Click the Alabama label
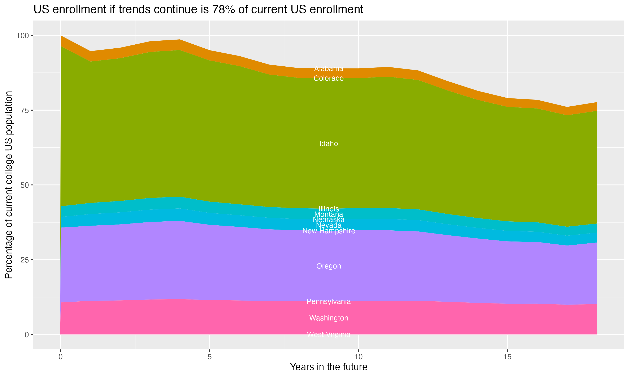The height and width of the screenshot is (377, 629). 329,68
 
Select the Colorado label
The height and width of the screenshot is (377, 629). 329,78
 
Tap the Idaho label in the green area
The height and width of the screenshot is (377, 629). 329,143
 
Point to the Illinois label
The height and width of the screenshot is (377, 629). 329,209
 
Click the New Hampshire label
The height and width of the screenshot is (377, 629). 329,231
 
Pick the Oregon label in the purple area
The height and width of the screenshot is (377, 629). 329,266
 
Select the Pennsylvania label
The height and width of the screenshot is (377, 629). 329,301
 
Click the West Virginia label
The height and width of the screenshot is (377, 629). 329,334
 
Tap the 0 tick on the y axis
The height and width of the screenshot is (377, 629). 26,334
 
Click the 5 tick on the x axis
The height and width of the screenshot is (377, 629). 209,357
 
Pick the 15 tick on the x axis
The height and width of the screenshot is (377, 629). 507,357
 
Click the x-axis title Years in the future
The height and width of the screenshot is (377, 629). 329,367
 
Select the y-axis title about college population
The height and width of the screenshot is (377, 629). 9,185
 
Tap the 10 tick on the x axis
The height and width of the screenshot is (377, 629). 358,357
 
